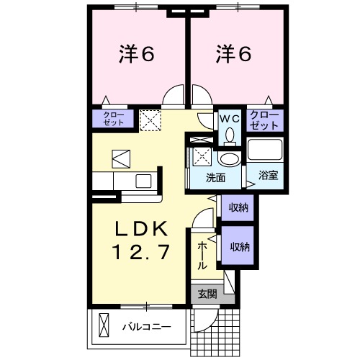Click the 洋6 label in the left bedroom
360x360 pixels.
[137, 55]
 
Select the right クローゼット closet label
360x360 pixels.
[264, 120]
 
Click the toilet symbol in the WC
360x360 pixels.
[230, 134]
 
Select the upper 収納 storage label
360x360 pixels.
[240, 208]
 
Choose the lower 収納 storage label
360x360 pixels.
[240, 247]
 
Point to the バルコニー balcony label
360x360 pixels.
[145, 326]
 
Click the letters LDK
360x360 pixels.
[143, 230]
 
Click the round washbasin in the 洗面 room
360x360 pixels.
[230, 158]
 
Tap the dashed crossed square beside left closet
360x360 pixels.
[151, 120]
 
